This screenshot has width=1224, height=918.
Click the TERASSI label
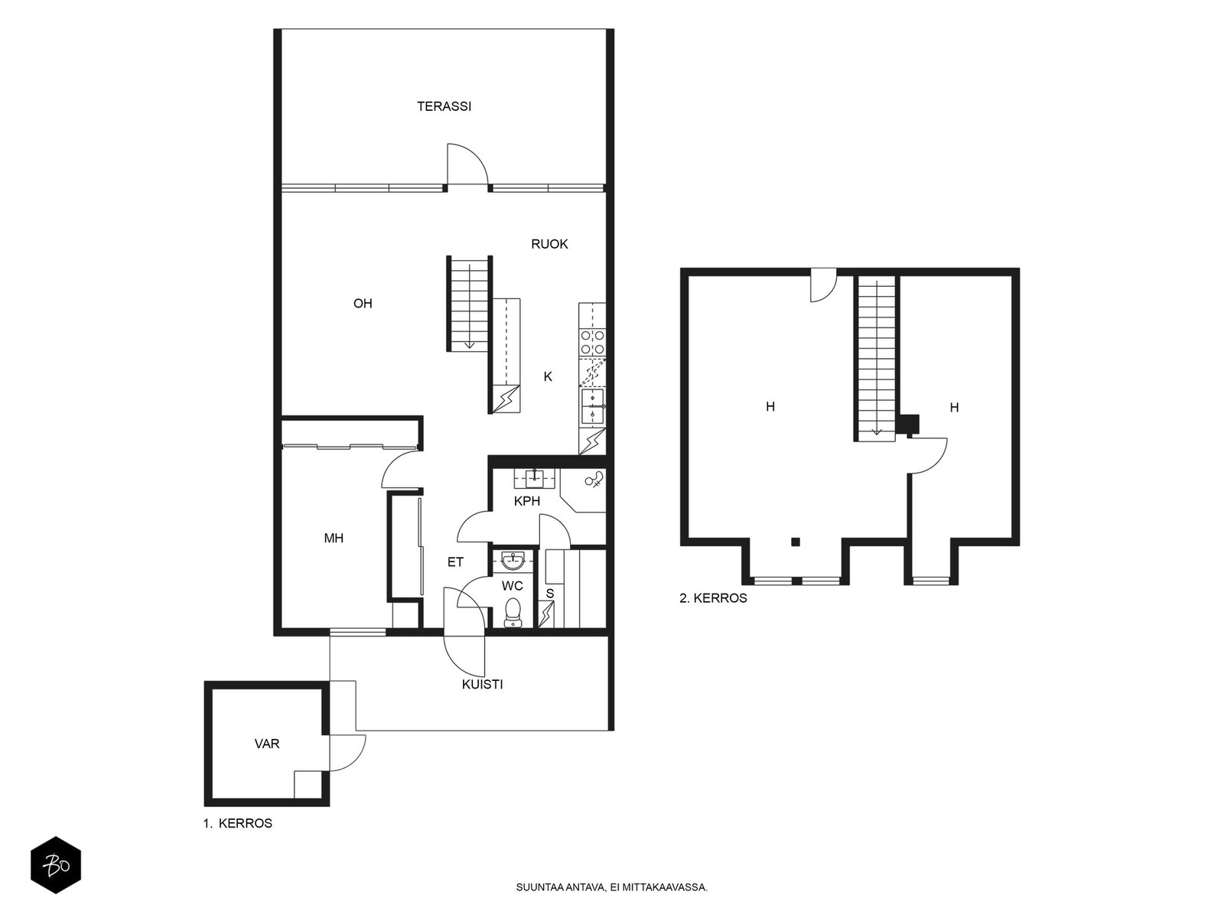tap(444, 106)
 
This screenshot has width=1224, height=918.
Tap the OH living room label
tap(363, 303)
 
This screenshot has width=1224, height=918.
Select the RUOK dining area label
tap(549, 243)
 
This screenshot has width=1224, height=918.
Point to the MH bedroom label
tap(334, 538)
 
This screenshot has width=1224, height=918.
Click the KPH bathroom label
tap(527, 501)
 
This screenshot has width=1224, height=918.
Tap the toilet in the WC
tap(512, 612)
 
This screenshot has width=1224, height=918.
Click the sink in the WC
tap(512, 560)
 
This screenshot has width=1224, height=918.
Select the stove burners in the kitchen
tap(592, 342)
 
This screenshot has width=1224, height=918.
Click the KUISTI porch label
tap(483, 685)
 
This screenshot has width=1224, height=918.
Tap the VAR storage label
tap(266, 744)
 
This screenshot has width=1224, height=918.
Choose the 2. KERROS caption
tap(713, 598)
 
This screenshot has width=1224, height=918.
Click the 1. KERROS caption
tap(238, 823)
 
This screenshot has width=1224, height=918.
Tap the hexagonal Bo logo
tap(56, 865)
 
